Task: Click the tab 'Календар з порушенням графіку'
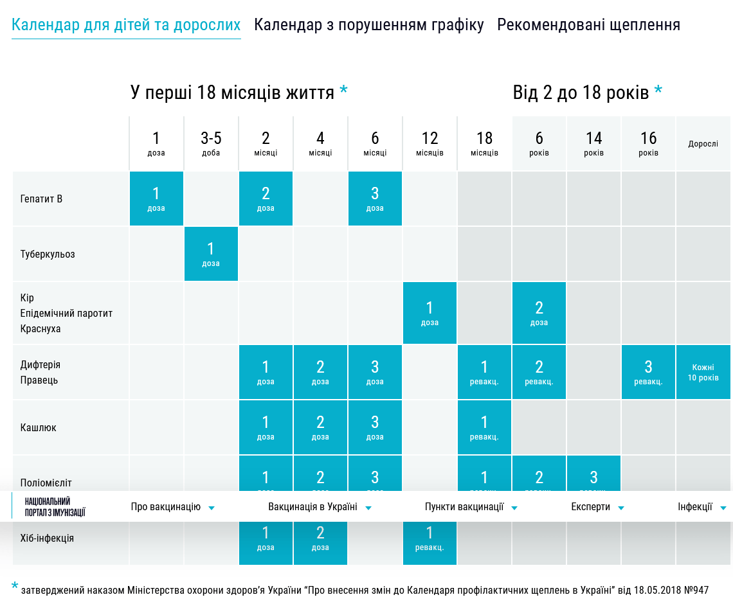pos(368,25)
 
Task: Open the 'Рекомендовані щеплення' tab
pos(588,25)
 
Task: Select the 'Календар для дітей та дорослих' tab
pos(126,25)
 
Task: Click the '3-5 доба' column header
pos(211,143)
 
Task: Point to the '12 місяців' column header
pos(430,143)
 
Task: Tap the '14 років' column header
pos(593,143)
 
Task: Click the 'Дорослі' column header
pos(703,144)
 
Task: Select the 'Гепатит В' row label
pos(41,199)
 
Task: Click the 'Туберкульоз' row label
pos(48,254)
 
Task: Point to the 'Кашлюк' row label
pos(38,427)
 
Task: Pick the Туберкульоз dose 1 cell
pos(211,254)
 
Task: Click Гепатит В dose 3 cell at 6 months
pos(375,199)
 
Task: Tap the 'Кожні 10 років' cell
pos(703,372)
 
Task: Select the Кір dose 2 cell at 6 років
pos(539,313)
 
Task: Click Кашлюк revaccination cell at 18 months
pos(484,427)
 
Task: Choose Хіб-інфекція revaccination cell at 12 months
pos(430,538)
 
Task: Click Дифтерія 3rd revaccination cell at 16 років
pos(648,372)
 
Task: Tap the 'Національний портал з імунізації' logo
pos(55,507)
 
